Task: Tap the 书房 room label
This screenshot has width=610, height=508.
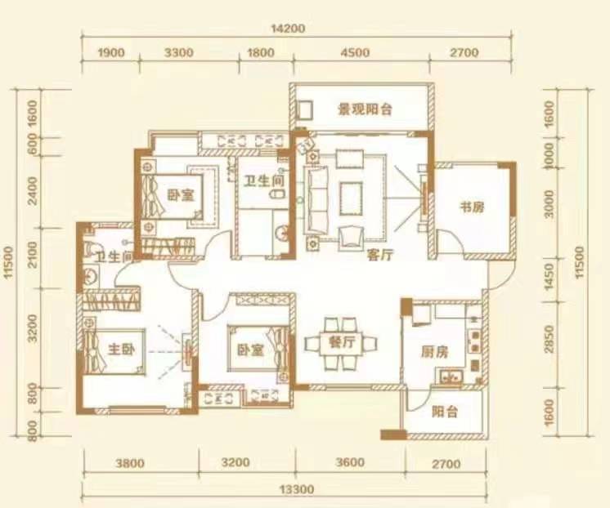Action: tap(473, 207)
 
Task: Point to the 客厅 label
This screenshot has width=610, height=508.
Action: tap(381, 255)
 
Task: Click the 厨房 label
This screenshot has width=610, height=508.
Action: tap(434, 353)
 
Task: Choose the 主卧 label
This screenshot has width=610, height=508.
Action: tap(121, 350)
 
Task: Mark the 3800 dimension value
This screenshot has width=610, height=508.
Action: tap(130, 464)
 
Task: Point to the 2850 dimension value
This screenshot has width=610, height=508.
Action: tap(549, 336)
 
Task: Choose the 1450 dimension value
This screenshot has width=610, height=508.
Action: tap(549, 274)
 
